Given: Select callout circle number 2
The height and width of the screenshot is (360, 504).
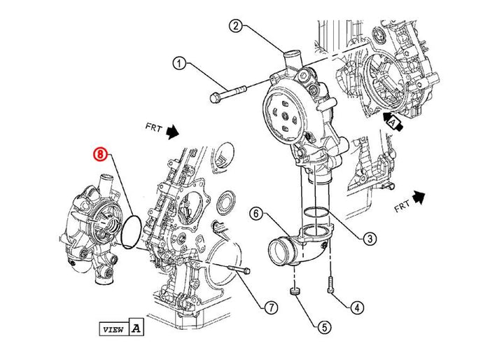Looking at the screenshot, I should (x=236, y=27).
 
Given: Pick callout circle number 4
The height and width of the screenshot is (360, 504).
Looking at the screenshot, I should (x=357, y=306).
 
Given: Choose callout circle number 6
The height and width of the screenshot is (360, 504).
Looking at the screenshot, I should (x=257, y=212).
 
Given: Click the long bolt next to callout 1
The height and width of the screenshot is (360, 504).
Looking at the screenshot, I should (x=228, y=92).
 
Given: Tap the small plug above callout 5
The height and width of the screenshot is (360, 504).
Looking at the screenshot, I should (x=295, y=291).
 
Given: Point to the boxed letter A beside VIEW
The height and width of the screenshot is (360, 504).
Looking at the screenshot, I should (x=136, y=326).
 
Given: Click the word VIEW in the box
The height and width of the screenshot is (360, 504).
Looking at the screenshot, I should (x=113, y=327).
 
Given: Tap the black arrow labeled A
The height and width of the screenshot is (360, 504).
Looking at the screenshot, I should (x=392, y=120).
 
